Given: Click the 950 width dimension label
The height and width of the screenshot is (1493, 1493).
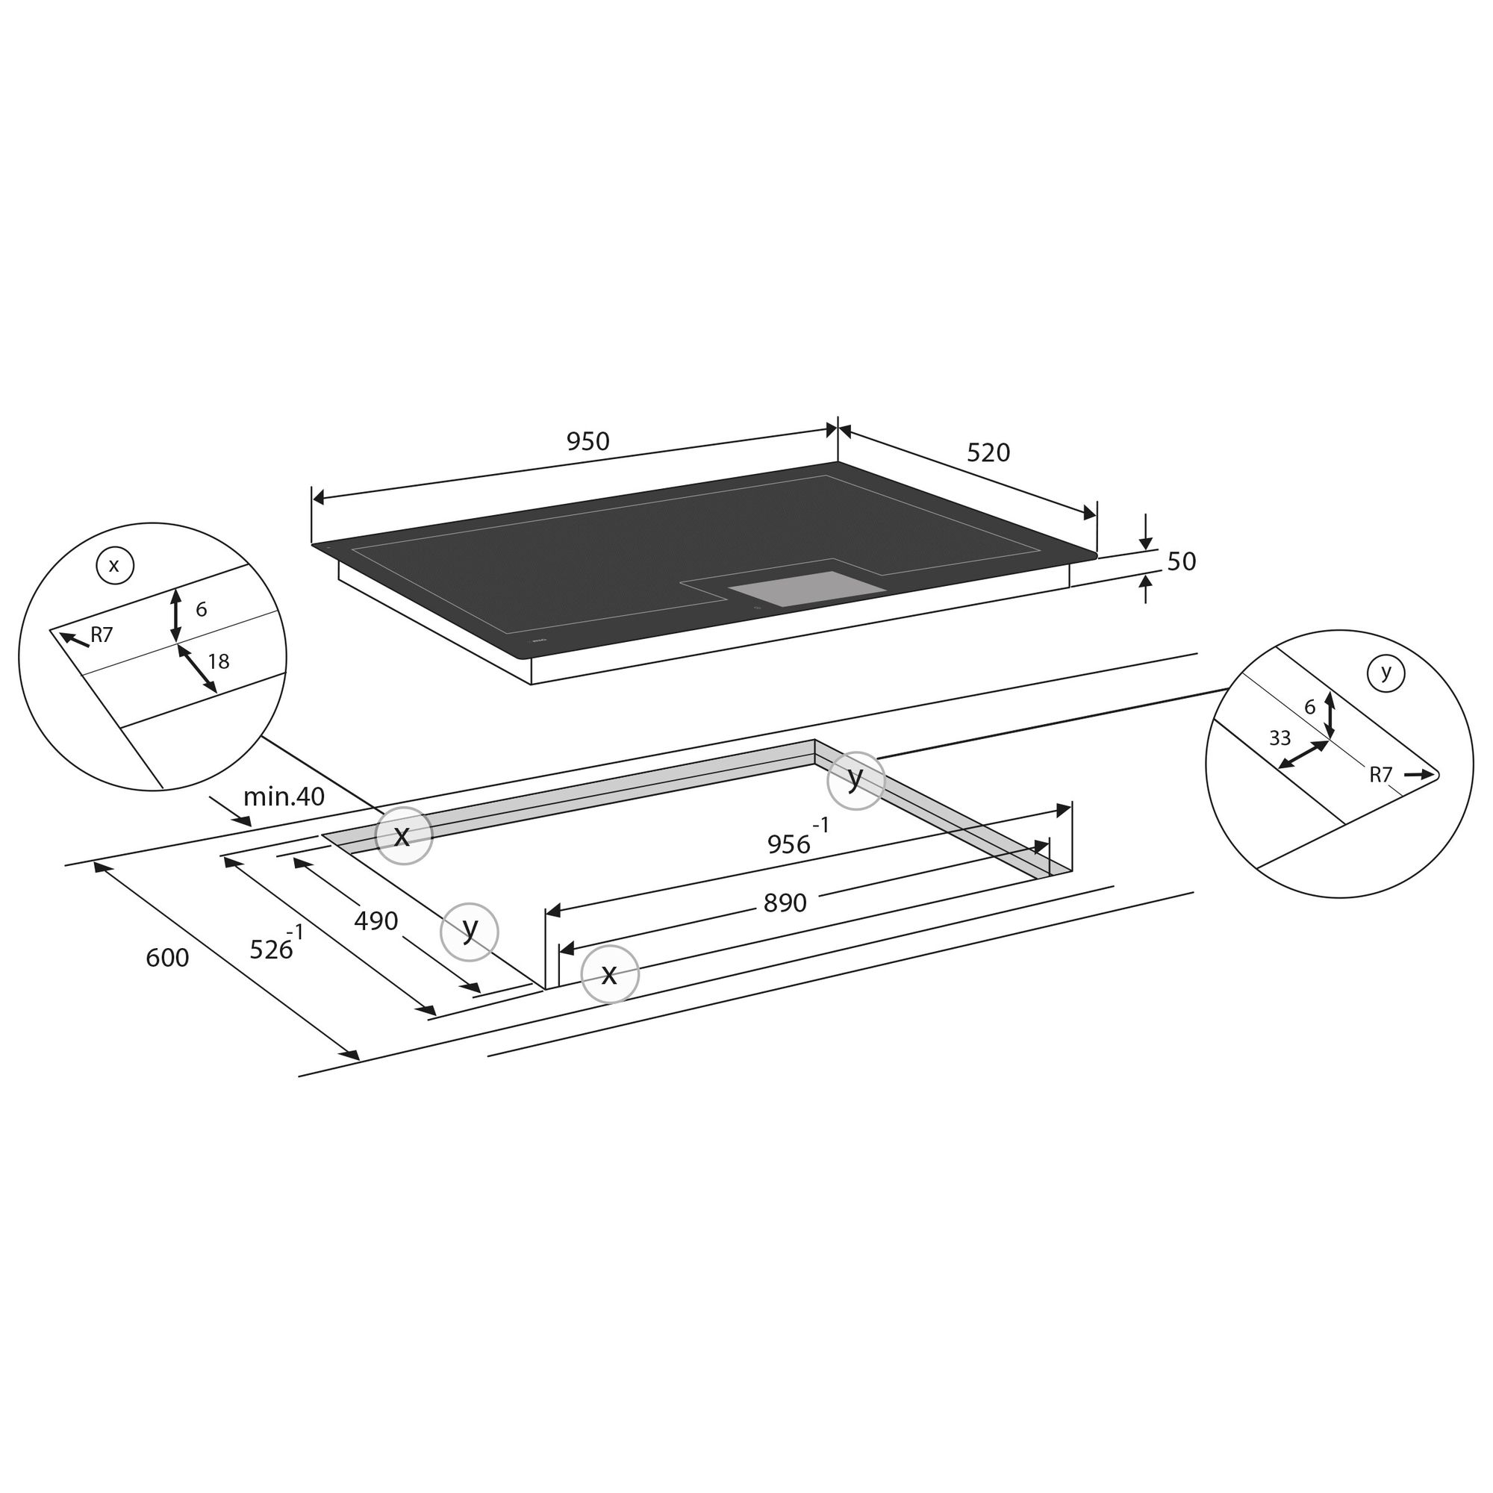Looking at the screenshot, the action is (x=588, y=441).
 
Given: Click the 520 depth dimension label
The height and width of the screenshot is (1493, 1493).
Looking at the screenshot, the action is (x=988, y=453).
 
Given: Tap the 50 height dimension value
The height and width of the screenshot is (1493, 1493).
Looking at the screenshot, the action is (x=1181, y=562).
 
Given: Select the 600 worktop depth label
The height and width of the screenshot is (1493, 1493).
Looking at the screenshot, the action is (x=167, y=959).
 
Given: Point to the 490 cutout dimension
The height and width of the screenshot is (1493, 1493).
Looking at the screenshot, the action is (x=375, y=921).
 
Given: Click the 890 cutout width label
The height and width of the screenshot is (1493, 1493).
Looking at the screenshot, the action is (x=785, y=903).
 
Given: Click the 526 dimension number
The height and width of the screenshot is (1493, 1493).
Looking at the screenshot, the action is (x=271, y=950).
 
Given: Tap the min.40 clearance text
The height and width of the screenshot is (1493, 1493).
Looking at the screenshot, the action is (x=284, y=797).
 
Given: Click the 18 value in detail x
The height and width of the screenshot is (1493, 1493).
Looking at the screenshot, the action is (x=219, y=661).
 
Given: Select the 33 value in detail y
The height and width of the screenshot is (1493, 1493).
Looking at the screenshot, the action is (x=1280, y=739).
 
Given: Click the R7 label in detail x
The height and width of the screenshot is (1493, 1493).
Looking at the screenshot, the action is (x=102, y=635).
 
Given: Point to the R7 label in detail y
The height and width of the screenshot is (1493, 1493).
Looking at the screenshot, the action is (x=1380, y=775).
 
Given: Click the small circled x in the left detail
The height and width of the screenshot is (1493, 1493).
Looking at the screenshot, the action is (x=114, y=566).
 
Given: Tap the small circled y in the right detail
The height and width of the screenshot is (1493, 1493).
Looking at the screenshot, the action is (x=1386, y=673).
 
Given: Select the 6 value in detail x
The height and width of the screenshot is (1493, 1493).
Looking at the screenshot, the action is (x=201, y=610).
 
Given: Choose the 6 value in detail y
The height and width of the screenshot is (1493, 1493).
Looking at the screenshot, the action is (x=1309, y=707).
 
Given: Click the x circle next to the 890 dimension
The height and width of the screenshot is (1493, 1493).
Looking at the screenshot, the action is (x=610, y=974).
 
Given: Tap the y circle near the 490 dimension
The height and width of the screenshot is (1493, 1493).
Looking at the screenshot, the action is (x=469, y=932).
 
